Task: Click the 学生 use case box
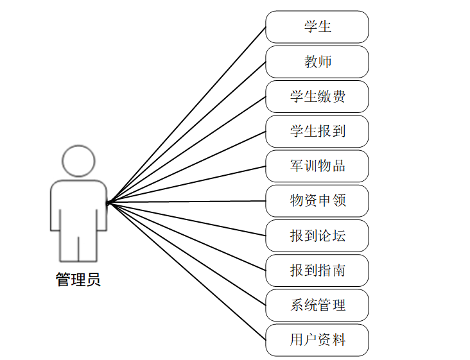click(317, 27)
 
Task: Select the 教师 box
click(317, 62)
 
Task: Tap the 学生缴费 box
click(317, 96)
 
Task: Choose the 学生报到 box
click(317, 131)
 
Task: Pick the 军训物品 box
click(317, 166)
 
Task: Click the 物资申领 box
click(317, 201)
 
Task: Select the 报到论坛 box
click(317, 236)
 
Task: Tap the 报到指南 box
click(317, 270)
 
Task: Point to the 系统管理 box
click(317, 305)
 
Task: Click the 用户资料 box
click(317, 339)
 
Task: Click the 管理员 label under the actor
click(78, 280)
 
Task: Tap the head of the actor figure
click(78, 161)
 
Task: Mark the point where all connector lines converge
click(108, 203)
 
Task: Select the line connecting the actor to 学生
click(186, 116)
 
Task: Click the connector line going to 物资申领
click(186, 202)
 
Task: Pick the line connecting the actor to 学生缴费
click(186, 150)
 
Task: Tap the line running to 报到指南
click(186, 236)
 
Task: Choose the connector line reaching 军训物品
click(186, 184)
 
